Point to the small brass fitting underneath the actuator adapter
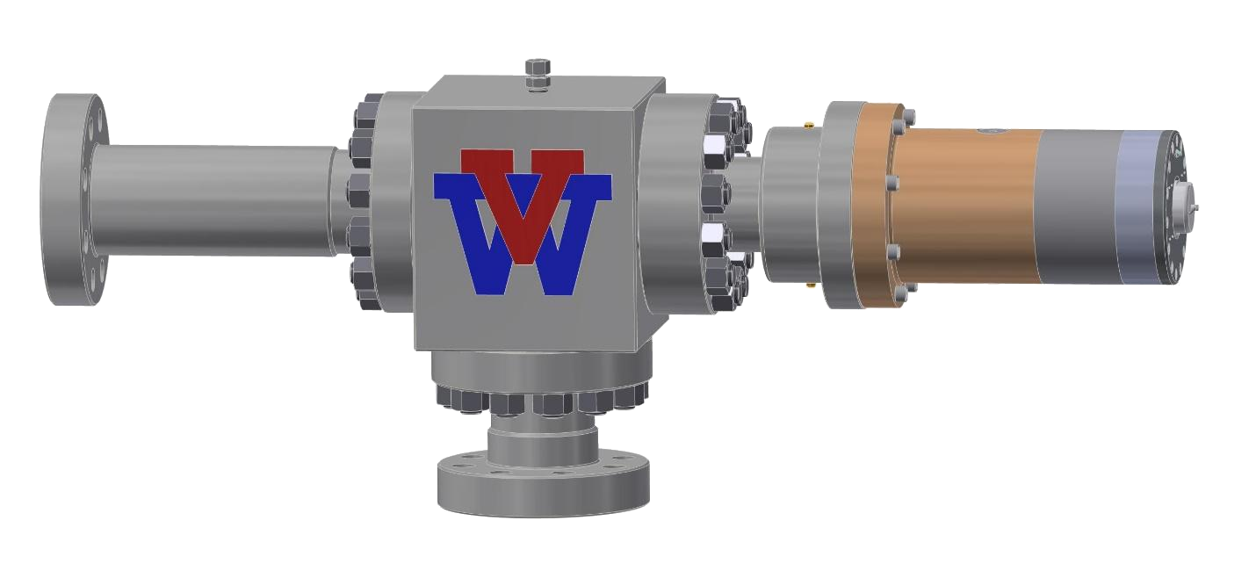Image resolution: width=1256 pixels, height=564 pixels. [807, 284]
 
